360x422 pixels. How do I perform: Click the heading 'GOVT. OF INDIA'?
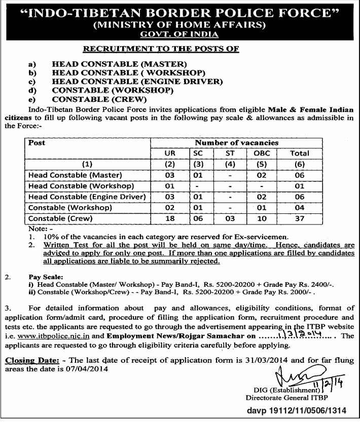(x=179, y=34)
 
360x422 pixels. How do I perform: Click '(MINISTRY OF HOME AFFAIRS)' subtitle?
(x=179, y=24)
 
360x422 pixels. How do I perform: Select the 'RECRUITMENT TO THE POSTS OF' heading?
(x=161, y=49)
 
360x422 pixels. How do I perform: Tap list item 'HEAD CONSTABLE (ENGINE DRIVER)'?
(x=137, y=81)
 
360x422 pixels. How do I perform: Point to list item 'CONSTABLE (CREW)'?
(x=99, y=99)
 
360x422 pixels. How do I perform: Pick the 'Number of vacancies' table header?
(x=237, y=143)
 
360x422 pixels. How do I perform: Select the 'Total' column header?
(x=299, y=153)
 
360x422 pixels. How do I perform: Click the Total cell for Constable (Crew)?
(x=299, y=218)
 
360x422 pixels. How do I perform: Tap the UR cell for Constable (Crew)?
(x=169, y=218)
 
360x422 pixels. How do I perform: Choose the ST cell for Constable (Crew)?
(x=230, y=218)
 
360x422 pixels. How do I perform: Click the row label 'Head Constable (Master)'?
(x=75, y=175)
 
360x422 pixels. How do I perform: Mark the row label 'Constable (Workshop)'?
(x=70, y=208)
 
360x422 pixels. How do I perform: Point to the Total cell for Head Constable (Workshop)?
(x=299, y=186)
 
